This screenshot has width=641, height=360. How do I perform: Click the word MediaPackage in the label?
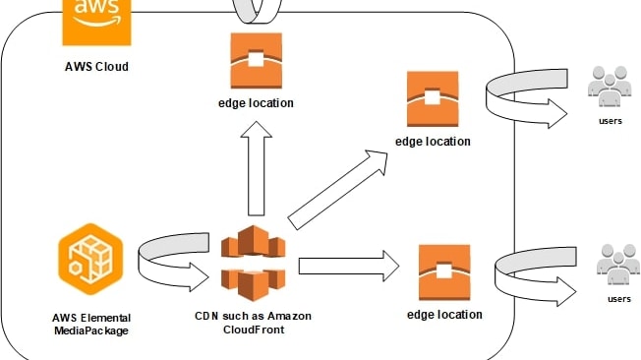tap(90, 330)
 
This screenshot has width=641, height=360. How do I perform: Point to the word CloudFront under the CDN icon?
tap(253, 330)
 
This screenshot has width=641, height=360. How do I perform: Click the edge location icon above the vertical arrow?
tap(256, 62)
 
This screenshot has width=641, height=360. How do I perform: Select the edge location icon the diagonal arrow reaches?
tap(433, 99)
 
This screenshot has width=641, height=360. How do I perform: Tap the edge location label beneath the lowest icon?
tap(444, 315)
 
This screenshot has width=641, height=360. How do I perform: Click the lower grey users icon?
tap(616, 263)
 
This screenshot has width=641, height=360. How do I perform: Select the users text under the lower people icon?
tap(618, 298)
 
